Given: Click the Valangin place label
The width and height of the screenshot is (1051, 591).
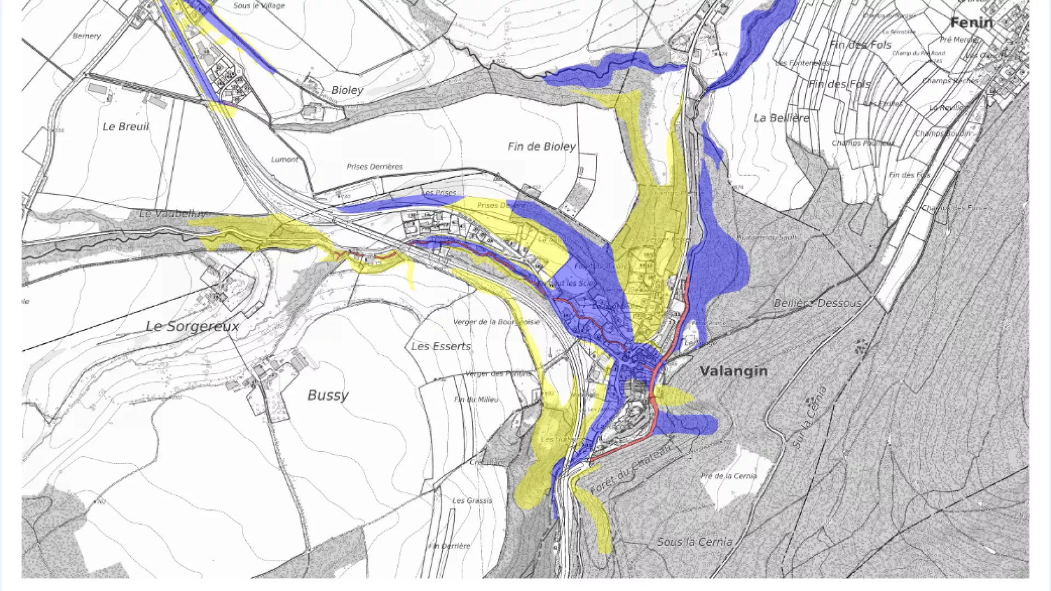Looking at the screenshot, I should (734, 371).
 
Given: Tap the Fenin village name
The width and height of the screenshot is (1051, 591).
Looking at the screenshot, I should (972, 23).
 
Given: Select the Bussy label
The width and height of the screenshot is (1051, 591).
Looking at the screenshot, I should (328, 395).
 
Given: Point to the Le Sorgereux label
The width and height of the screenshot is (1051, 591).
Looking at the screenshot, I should (193, 327).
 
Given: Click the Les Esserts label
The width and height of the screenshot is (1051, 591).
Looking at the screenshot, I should (441, 346).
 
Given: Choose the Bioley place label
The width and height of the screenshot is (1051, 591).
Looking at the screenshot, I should (347, 90).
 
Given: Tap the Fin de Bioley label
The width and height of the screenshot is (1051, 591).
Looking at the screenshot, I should (541, 147).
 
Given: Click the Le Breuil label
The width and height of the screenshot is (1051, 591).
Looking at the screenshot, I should (125, 126).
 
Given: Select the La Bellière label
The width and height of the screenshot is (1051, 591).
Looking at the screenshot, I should (781, 118).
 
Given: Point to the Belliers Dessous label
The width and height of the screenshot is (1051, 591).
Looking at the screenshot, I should (817, 303).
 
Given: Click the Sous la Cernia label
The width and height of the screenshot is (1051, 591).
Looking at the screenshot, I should (694, 542).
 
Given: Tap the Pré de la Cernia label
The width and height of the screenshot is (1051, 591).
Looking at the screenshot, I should (729, 476).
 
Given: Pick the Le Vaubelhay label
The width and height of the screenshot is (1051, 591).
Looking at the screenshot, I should (172, 214).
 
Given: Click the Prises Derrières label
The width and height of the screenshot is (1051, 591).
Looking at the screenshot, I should (374, 166).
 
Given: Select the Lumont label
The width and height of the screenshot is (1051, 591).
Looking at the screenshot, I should (285, 160).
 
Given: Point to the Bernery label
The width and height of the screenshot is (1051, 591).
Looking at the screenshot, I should (86, 36).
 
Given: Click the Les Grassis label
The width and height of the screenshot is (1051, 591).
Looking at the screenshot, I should (472, 501).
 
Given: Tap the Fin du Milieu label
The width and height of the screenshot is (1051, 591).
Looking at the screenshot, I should (476, 399).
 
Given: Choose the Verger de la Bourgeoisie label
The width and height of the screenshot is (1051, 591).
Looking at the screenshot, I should (496, 322).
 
